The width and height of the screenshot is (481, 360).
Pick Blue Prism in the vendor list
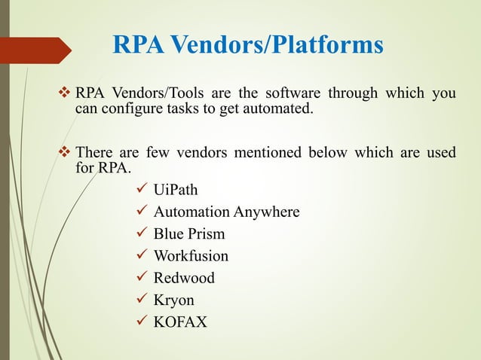[189, 233]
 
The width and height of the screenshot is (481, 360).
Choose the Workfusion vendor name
[191, 256]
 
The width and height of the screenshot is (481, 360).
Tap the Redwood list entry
[184, 278]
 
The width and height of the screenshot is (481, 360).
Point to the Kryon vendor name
[174, 301]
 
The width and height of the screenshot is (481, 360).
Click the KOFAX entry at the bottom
[180, 322]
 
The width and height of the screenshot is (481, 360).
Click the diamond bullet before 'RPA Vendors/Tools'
[64, 93]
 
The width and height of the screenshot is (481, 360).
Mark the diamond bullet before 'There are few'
[64, 153]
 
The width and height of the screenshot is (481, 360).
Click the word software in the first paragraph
[293, 93]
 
